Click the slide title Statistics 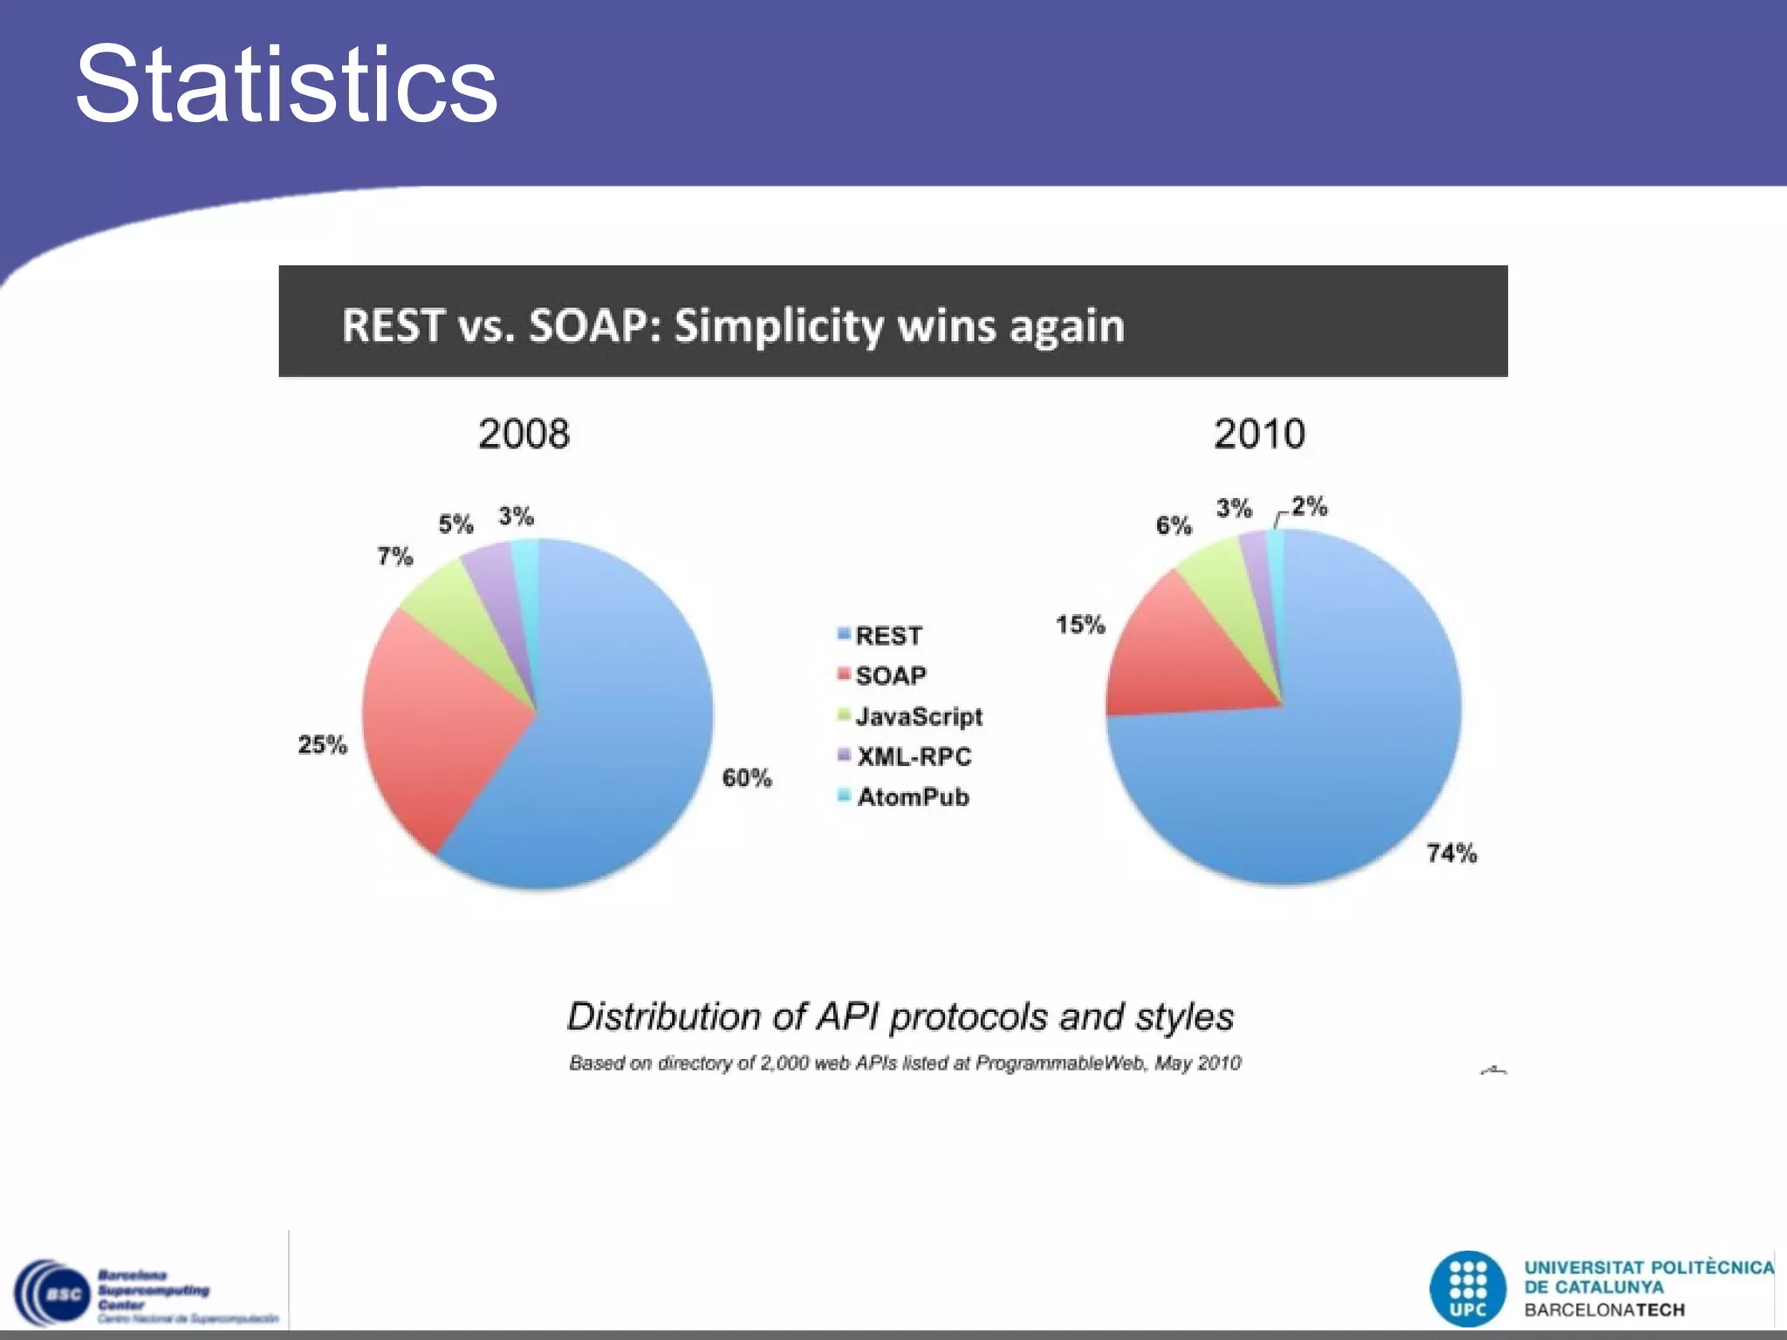pos(286,85)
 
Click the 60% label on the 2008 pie pos(747,777)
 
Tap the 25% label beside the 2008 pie pos(322,744)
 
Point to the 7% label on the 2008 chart pos(394,556)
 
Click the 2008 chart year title pos(524,434)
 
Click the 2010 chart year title pos(1259,434)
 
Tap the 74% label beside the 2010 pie pos(1452,852)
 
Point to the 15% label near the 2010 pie pos(1080,625)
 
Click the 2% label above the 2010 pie pos(1310,506)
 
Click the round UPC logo pos(1468,1289)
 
